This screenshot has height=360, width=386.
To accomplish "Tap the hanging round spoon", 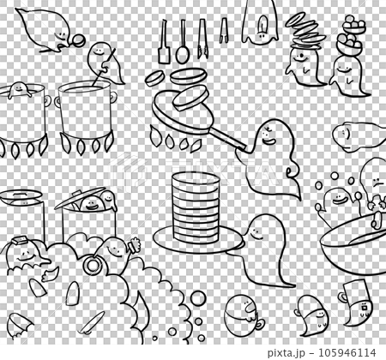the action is tap(182, 43).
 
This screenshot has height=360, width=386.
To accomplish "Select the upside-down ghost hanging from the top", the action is tap(260, 21).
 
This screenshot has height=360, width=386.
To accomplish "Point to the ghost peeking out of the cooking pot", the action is tap(19, 89).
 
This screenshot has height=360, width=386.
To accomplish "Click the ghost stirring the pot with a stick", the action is tap(105, 63).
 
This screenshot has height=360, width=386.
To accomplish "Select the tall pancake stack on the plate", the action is tap(196, 207).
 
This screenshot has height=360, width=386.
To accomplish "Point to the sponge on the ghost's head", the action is tap(20, 240).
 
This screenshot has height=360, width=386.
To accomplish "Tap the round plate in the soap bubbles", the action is tap(92, 265).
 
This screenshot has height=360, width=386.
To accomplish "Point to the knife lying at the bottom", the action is tap(92, 323).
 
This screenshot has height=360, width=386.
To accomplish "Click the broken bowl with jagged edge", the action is tap(20, 325).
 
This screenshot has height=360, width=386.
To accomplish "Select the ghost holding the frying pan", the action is tap(272, 160).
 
